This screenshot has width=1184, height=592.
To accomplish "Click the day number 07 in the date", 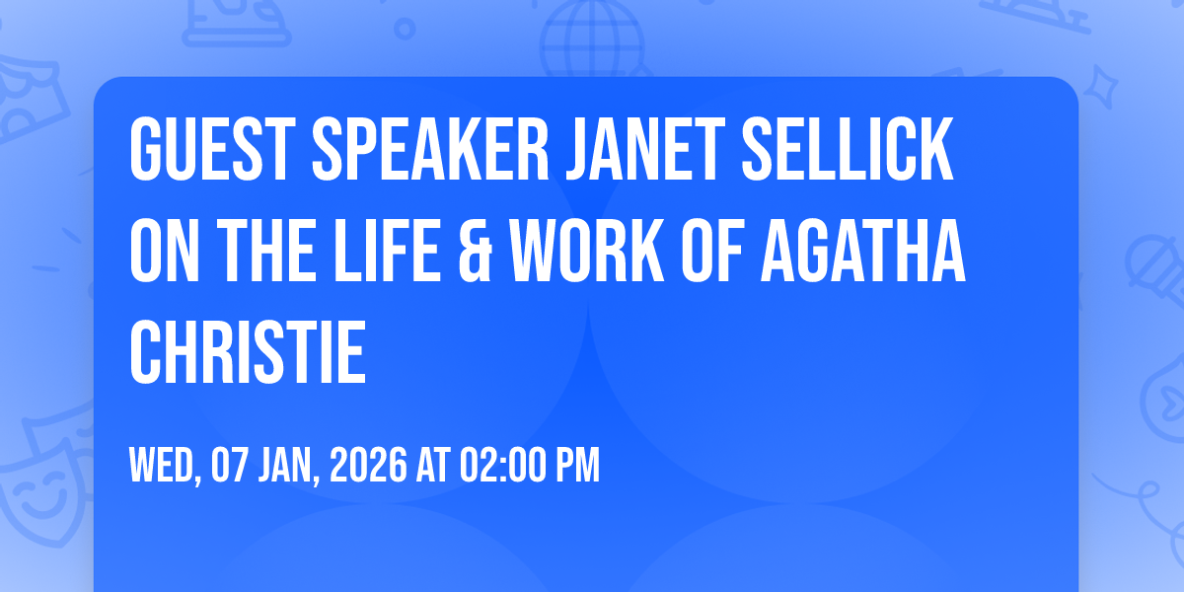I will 230,466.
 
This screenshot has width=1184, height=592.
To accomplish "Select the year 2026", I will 366,466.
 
